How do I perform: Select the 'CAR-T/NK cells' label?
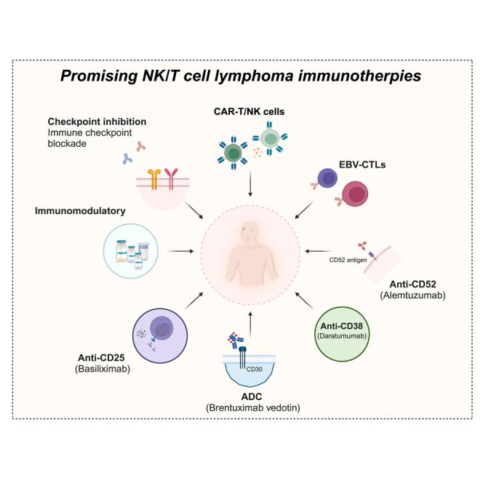pos(249,111)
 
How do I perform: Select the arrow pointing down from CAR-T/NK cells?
pos(250,185)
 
